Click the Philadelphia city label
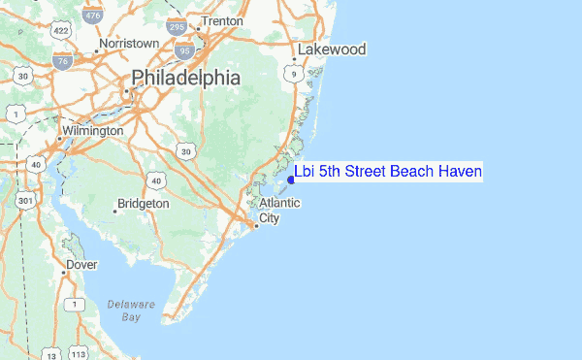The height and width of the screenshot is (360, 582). [x=185, y=78]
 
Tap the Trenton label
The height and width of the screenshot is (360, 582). [x=221, y=20]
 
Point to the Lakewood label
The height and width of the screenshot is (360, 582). [x=332, y=49]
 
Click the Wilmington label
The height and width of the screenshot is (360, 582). [x=92, y=130]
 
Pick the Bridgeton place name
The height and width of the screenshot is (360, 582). [x=143, y=204]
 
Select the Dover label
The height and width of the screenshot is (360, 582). [x=81, y=264]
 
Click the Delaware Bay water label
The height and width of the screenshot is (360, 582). [x=124, y=311]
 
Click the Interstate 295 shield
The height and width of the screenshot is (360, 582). [x=177, y=26]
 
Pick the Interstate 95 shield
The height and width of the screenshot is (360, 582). [x=185, y=48]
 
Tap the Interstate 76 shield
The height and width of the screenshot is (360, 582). [x=62, y=61]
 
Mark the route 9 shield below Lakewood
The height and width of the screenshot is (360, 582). [x=293, y=73]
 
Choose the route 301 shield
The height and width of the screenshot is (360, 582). [x=25, y=201]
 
